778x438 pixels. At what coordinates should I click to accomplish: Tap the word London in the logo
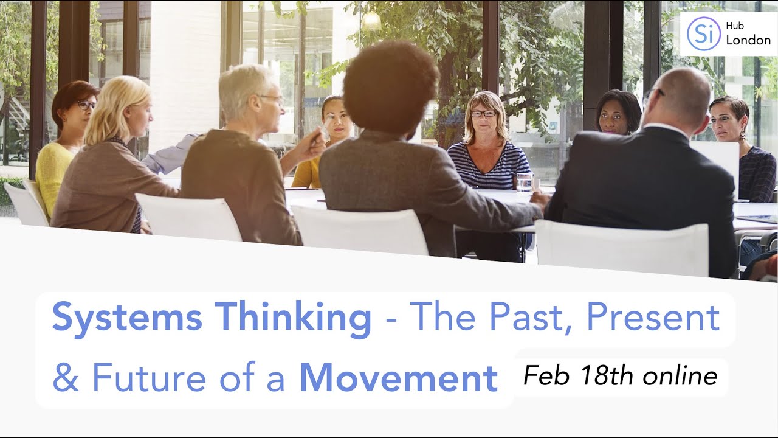(x=748, y=40)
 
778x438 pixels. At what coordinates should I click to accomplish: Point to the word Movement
(x=399, y=378)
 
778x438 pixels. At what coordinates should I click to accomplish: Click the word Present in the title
(x=653, y=317)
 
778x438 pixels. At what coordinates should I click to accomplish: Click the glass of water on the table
(x=524, y=182)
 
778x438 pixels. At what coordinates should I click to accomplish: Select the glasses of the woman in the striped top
(x=483, y=113)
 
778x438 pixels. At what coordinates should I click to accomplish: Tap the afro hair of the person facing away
(x=390, y=85)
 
